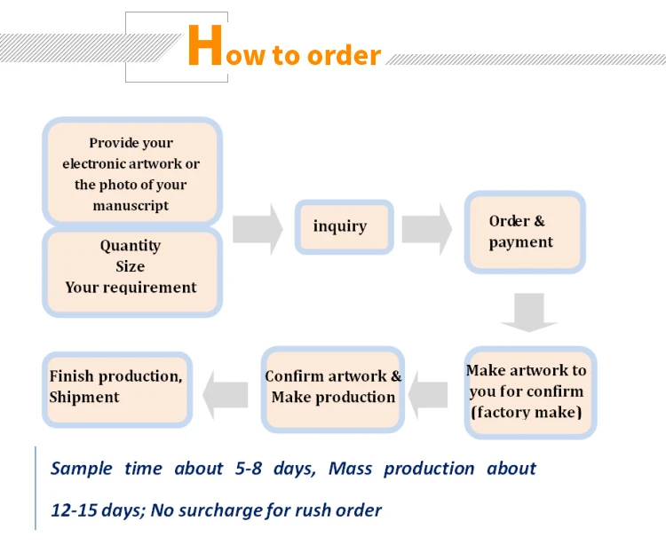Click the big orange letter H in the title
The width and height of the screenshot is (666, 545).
[x=205, y=45]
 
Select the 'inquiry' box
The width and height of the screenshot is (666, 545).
[x=344, y=227]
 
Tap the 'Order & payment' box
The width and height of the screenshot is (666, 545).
[x=525, y=232]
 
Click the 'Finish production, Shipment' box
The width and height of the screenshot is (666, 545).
[x=117, y=390]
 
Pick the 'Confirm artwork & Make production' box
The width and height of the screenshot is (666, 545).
[x=333, y=390]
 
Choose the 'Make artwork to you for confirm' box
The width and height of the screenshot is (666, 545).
[x=530, y=392]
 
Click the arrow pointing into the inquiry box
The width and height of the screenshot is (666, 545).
[x=258, y=229]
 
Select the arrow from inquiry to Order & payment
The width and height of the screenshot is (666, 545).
[x=426, y=229]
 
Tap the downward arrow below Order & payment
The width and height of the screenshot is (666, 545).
[x=529, y=312]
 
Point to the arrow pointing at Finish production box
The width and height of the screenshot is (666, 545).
[x=226, y=395]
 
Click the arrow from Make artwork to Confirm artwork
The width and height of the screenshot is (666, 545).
[x=428, y=395]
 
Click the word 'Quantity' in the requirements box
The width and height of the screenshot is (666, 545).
[x=131, y=246]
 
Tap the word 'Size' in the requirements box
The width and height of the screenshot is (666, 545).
[x=130, y=266]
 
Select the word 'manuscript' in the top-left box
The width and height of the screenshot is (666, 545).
[x=131, y=206]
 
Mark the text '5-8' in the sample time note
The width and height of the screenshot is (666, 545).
[x=249, y=468]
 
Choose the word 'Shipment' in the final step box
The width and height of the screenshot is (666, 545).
[x=84, y=398]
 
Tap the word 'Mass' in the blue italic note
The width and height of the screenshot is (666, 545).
[x=350, y=469]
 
